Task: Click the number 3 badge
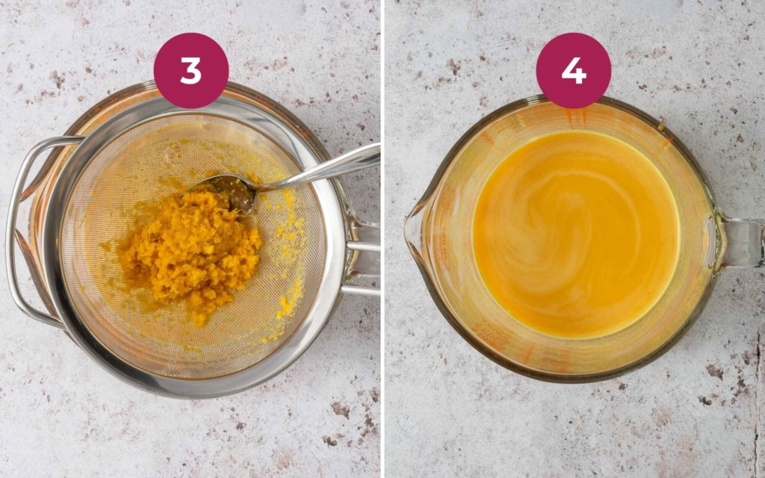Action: pyautogui.click(x=191, y=70)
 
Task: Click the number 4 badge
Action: pyautogui.click(x=573, y=70)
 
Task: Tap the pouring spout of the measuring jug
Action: pyautogui.click(x=415, y=232)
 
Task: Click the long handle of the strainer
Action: pyautogui.click(x=362, y=246)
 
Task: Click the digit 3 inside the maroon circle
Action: pyautogui.click(x=191, y=70)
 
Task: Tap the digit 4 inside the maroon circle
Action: pyautogui.click(x=573, y=70)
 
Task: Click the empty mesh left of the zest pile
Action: pyautogui.click(x=90, y=246)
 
